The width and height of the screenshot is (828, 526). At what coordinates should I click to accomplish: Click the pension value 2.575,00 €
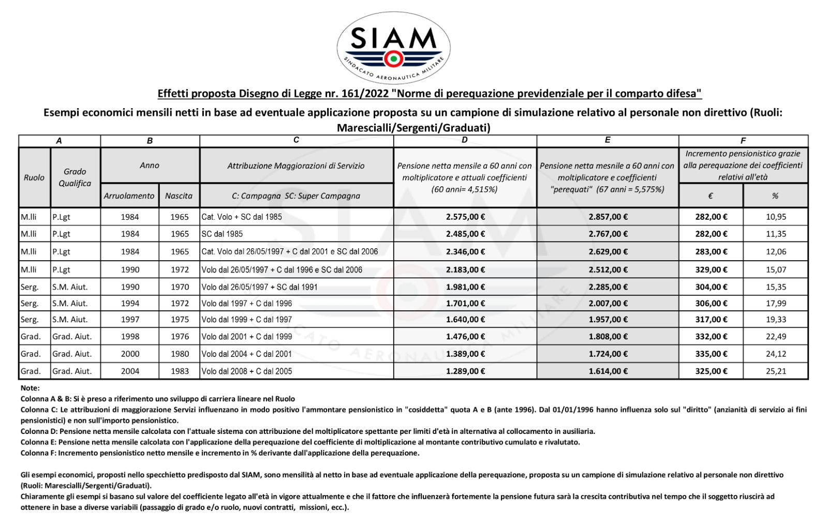(x=465, y=217)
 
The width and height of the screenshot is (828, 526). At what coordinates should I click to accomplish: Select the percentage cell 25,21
(x=776, y=371)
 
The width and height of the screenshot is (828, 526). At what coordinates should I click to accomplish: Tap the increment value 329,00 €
(x=711, y=269)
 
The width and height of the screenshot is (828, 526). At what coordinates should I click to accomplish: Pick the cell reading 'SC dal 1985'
(x=222, y=234)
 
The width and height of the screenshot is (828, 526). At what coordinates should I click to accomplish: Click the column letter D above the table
(x=465, y=140)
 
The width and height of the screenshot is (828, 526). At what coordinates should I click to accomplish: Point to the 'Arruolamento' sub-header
(x=129, y=196)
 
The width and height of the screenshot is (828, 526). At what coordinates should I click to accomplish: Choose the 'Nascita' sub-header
(x=179, y=196)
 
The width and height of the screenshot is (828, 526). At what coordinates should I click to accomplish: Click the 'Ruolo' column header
(x=34, y=177)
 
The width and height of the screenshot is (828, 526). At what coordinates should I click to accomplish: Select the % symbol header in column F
(x=775, y=196)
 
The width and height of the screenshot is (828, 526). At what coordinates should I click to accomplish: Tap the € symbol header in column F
(x=711, y=196)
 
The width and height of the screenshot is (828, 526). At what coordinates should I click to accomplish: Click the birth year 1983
(x=180, y=371)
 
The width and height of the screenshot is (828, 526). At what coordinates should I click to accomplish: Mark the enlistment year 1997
(x=130, y=320)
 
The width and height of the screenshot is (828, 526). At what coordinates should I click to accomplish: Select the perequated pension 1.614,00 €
(x=608, y=371)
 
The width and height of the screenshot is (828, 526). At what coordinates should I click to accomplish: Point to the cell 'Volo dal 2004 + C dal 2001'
(x=247, y=354)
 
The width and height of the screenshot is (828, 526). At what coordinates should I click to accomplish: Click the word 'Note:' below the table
(x=30, y=388)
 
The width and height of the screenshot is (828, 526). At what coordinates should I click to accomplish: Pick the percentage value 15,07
(x=776, y=269)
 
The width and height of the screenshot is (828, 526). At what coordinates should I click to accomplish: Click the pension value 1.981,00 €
(x=465, y=287)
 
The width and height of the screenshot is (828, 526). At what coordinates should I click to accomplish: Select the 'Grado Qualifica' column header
(x=75, y=177)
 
